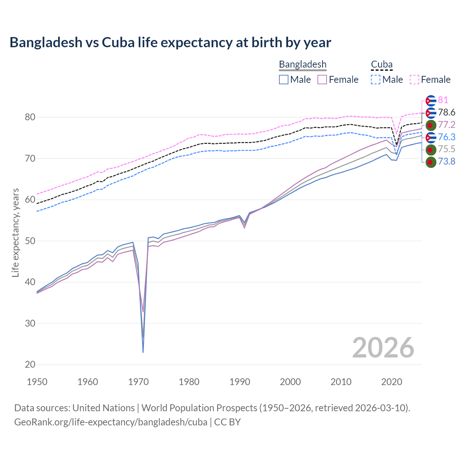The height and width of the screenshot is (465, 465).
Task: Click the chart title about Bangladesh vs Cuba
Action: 170,43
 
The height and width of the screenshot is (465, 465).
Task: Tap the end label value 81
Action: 443,100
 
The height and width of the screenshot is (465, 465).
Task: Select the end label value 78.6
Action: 446,112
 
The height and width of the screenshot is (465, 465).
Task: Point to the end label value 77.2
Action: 446,125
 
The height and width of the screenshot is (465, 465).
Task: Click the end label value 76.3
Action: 446,137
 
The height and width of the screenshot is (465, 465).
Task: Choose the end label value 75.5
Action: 446,149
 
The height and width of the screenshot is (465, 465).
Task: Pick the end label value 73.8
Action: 446,161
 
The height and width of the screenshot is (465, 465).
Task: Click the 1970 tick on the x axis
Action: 138,382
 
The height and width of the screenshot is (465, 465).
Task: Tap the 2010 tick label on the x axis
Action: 341,382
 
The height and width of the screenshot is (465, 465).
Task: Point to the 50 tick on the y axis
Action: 30,241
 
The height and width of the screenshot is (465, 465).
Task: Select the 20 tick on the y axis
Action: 30,364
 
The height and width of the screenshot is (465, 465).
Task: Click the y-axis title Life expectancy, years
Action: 15,232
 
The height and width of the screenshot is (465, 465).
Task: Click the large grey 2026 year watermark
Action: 383,348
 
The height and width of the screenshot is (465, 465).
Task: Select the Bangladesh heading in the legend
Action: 303,64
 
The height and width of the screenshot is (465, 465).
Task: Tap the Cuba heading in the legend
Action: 381,64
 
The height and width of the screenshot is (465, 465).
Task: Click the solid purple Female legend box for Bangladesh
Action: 322,80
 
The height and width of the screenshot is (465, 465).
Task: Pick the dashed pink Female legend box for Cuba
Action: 415,80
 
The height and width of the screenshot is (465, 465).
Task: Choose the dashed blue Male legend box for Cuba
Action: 376,80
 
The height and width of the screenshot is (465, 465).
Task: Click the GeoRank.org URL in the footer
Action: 110,422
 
